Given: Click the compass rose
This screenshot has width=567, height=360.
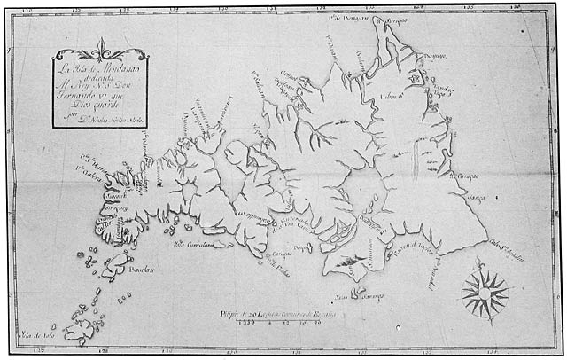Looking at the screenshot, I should [x=485, y=291].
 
